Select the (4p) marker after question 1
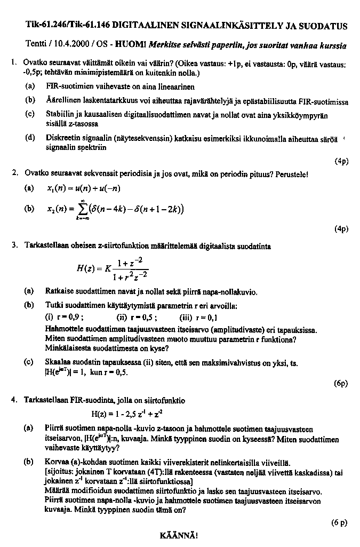tap(341, 161)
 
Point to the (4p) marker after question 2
tap(341, 228)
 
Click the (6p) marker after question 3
tap(341, 383)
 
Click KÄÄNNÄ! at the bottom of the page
tap(178, 535)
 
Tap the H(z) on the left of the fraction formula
tap(86, 269)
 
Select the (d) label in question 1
tap(31, 138)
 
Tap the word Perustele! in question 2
tap(290, 174)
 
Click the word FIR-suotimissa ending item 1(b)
tap(322, 100)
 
